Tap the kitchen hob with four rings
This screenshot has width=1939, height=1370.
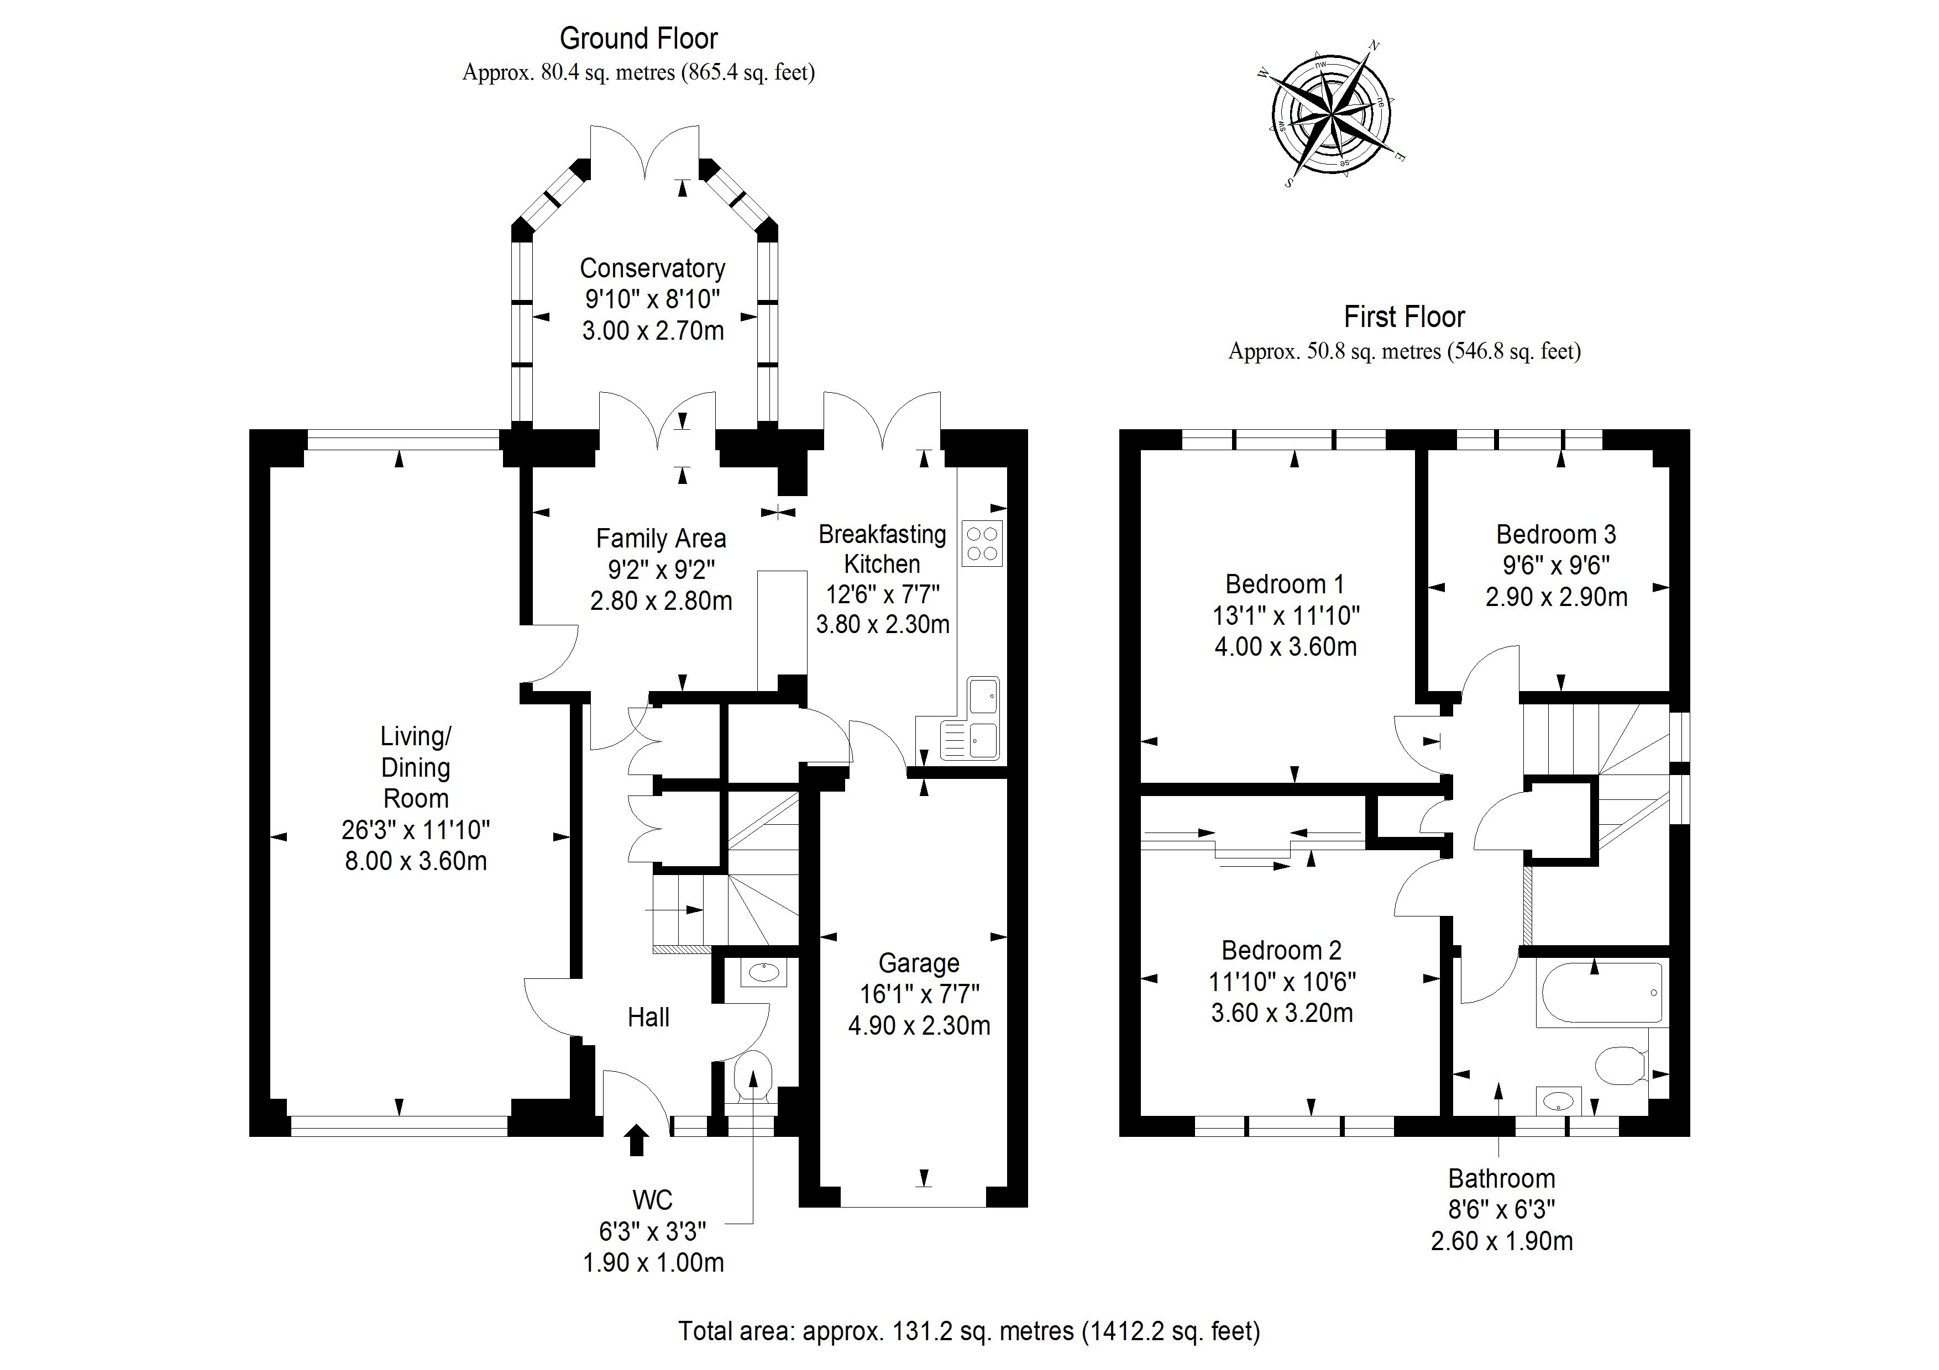coord(981,544)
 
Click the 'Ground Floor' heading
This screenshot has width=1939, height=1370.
coord(638,39)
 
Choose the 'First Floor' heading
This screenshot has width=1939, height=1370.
coord(1403,318)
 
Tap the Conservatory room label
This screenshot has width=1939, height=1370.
coord(652,268)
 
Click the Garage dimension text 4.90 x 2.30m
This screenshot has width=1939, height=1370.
coord(919,1026)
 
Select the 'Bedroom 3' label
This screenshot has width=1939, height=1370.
coord(1555,534)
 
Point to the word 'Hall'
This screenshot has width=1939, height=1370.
coord(648,1017)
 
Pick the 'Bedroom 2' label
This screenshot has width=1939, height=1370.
coord(1281,951)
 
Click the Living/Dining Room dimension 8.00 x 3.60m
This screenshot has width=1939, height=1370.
coord(416,861)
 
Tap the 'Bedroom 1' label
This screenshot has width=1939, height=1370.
coord(1285,584)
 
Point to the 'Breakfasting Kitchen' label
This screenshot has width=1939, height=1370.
coord(883,549)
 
